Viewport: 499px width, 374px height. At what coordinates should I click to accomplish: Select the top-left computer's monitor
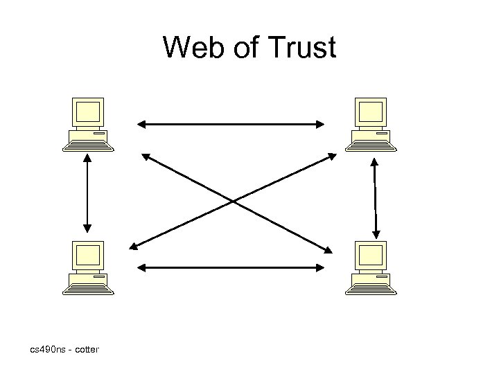click(89, 112)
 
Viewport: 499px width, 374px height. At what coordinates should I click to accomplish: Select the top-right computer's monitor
click(371, 112)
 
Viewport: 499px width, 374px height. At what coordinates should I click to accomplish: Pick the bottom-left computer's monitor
click(89, 256)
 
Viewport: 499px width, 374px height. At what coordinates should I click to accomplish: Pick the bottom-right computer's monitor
click(371, 256)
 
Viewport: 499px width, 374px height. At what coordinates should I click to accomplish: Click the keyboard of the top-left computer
click(88, 145)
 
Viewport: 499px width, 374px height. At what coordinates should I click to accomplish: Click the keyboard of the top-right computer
click(371, 145)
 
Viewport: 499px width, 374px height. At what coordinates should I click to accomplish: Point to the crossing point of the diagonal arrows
click(233, 202)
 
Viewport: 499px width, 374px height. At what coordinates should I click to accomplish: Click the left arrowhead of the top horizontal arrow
click(141, 125)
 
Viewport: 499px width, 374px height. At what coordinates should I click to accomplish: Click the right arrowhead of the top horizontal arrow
click(320, 125)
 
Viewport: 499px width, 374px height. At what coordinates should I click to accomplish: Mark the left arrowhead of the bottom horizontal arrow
click(141, 267)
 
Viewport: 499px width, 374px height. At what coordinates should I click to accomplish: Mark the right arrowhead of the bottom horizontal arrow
click(320, 267)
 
